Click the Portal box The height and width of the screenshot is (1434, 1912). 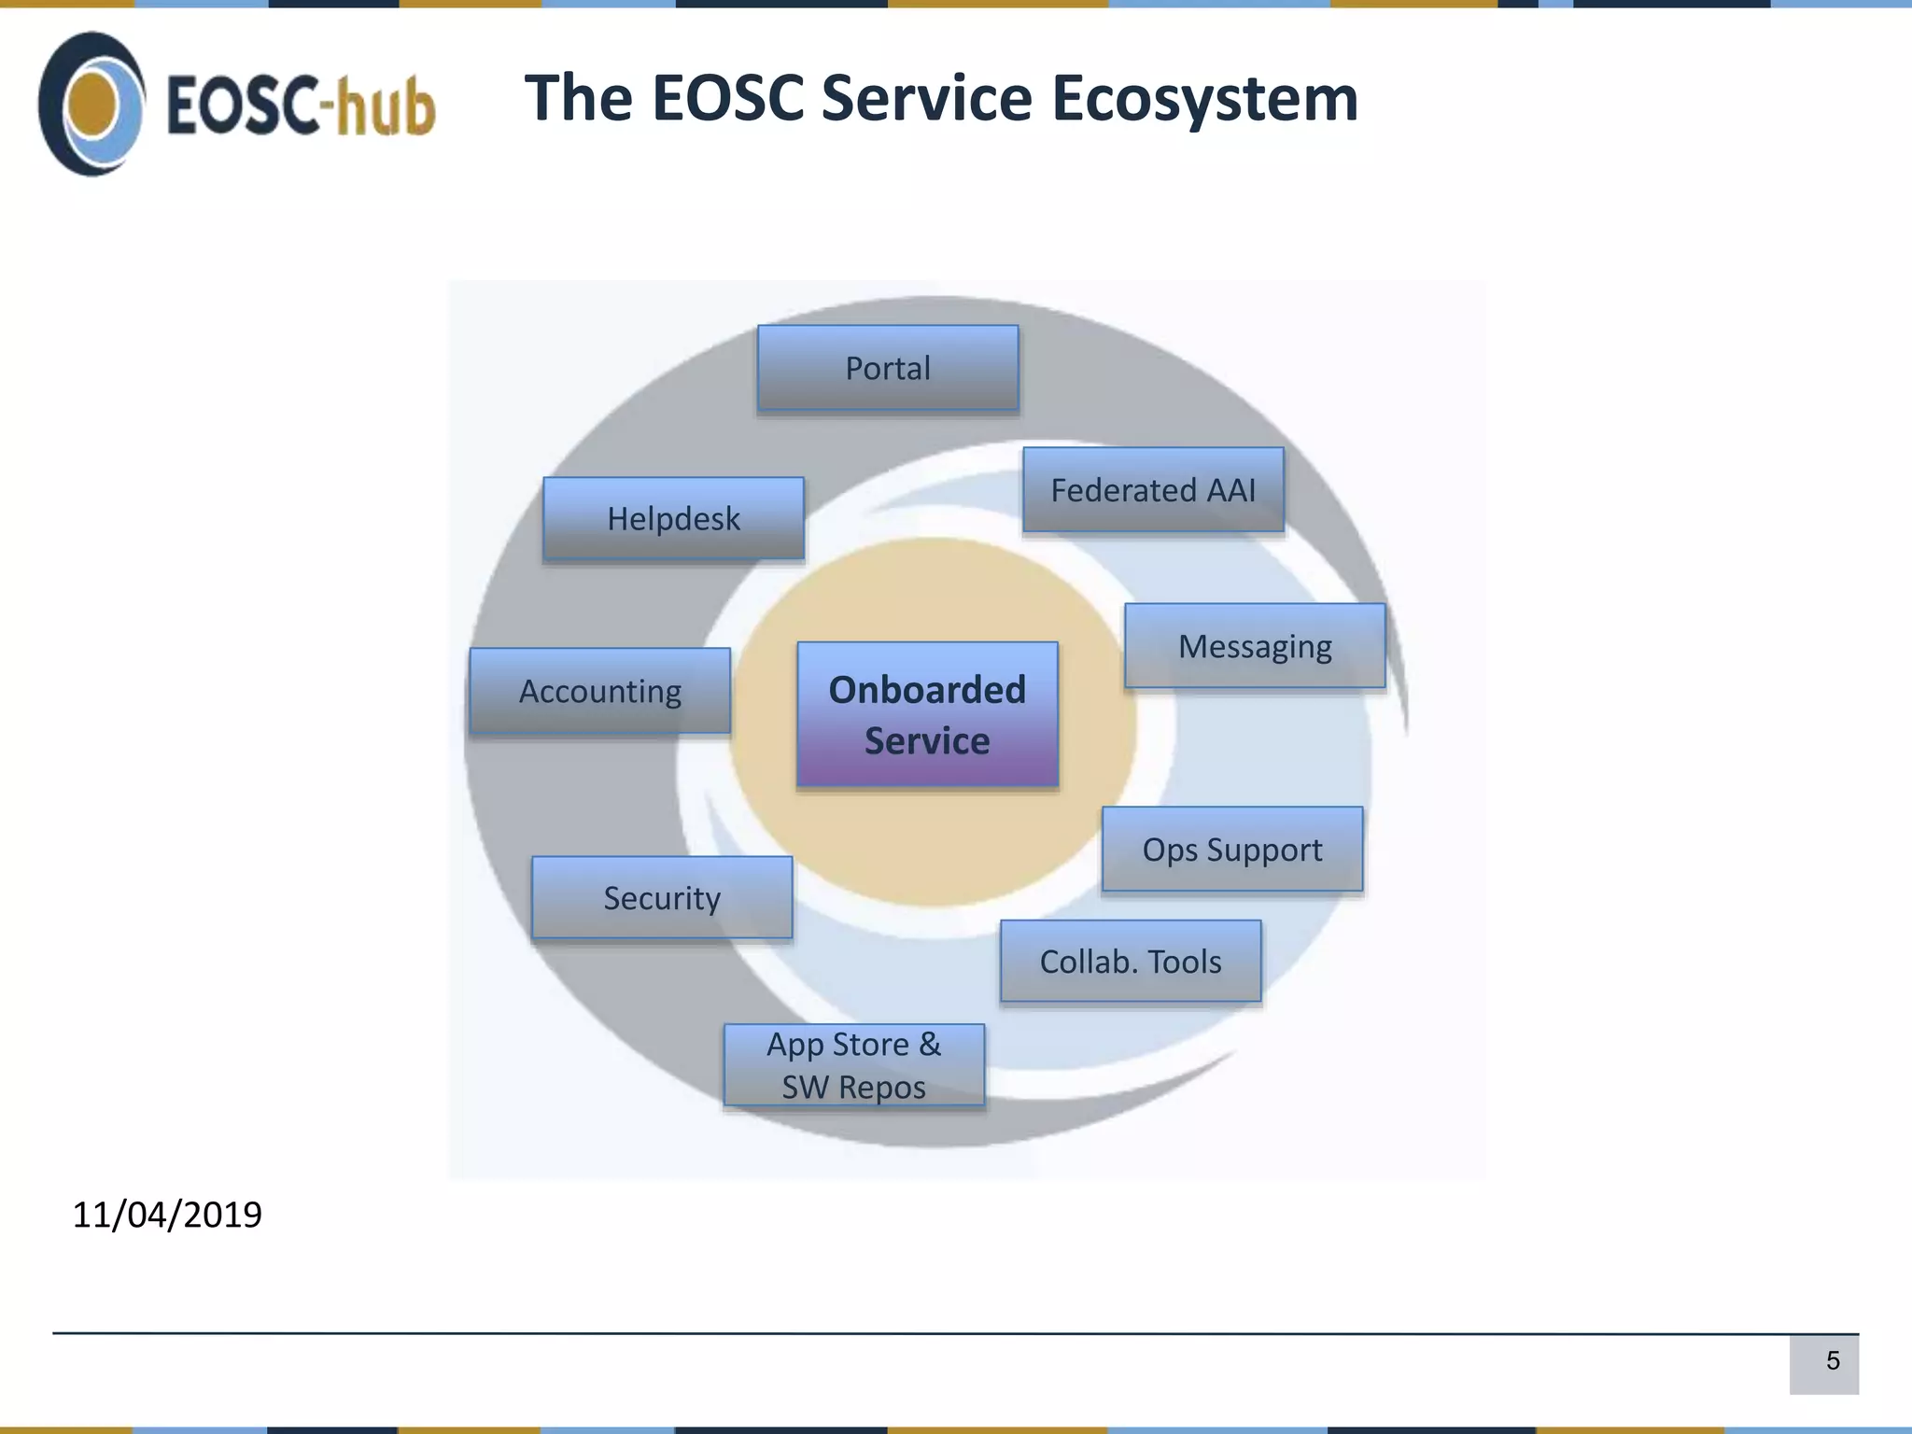pos(888,368)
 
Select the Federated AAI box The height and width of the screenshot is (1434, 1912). pos(1153,490)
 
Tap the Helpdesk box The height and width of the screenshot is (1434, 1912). pos(673,519)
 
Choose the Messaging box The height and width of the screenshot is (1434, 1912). pos(1255,646)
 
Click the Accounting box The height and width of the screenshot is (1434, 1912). pos(599,692)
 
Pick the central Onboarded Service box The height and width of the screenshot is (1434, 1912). pos(927,715)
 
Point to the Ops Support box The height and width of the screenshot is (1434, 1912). pos(1231,850)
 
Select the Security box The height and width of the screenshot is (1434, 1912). pos(662,898)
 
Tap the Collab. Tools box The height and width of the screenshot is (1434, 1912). pos(1131,962)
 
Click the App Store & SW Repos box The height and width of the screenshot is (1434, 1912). pos(853,1065)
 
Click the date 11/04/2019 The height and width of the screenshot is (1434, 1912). pos(167,1215)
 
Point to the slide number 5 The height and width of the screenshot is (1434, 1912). pos(1833,1361)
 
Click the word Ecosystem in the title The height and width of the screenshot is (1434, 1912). pos(1204,99)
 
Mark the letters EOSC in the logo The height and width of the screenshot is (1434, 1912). pos(240,105)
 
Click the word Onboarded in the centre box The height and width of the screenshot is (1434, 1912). pos(927,690)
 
